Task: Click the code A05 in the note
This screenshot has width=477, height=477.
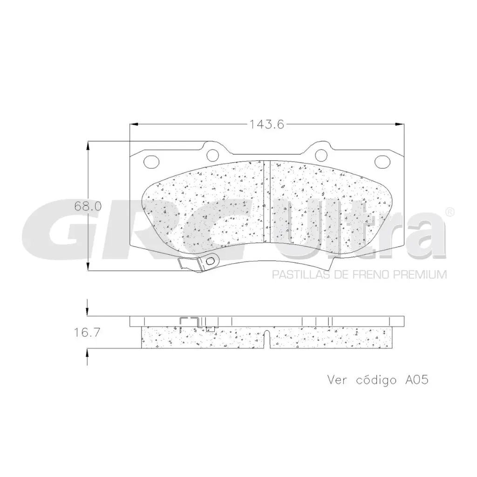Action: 416,380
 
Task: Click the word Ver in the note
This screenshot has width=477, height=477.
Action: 338,380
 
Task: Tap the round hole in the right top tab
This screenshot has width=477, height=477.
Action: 320,154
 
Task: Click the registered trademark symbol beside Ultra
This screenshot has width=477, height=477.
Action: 450,212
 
